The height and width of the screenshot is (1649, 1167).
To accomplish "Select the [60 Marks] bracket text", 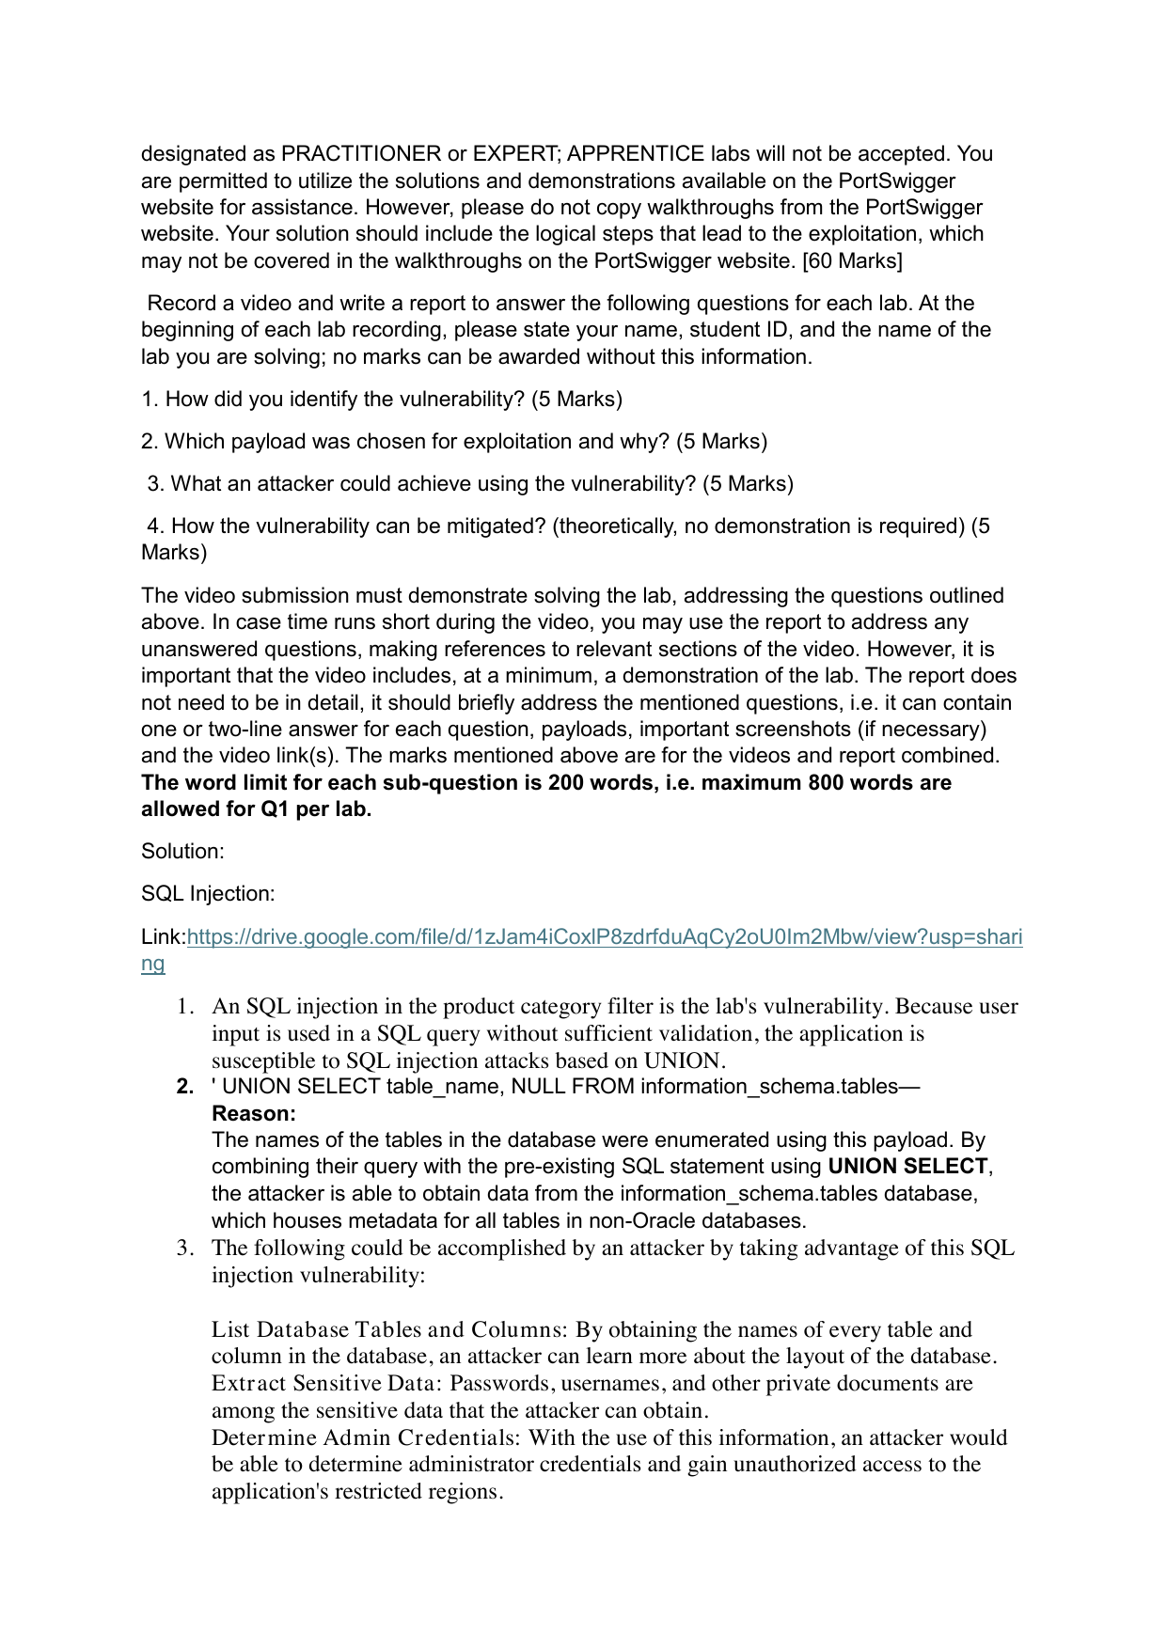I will [x=852, y=261].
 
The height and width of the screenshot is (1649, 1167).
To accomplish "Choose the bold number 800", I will [x=827, y=783].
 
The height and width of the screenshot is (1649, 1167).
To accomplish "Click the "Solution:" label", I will [x=182, y=852].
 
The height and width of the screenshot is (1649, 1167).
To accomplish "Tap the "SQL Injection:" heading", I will [x=208, y=894].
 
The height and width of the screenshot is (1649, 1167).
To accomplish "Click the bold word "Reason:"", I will [x=254, y=1114].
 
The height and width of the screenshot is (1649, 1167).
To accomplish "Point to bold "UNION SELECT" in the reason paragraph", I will [x=907, y=1167].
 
